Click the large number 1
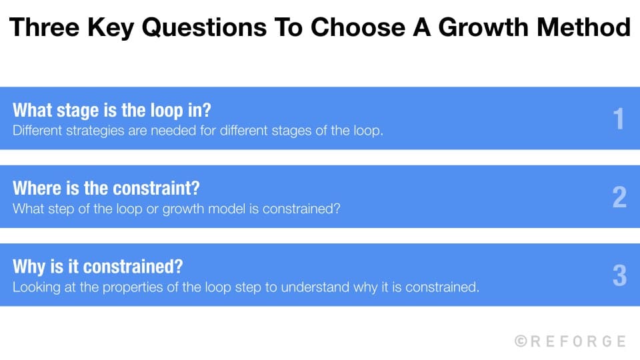click(x=619, y=119)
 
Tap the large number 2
click(x=619, y=197)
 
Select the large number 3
click(x=619, y=275)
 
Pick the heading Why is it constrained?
click(x=97, y=267)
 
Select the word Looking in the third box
click(x=35, y=287)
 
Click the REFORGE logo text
click(x=578, y=341)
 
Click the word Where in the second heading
click(x=37, y=188)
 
